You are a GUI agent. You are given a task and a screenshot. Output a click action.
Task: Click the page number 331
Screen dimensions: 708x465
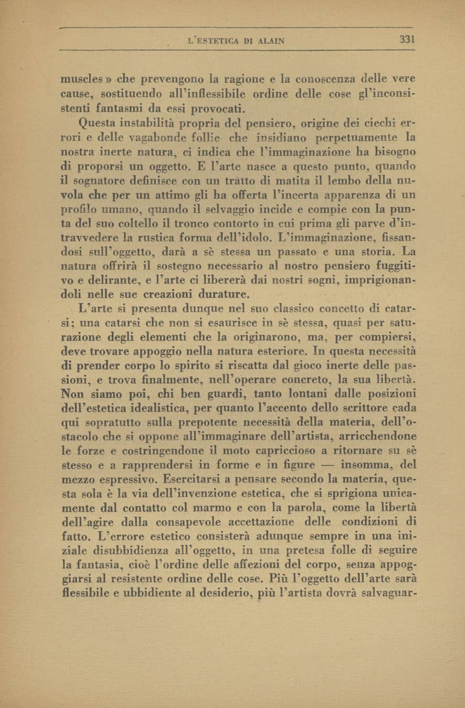(x=407, y=39)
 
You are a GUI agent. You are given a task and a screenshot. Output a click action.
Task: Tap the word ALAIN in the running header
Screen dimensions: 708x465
(x=268, y=40)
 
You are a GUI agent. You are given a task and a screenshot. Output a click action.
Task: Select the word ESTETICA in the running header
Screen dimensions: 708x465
(x=215, y=40)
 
